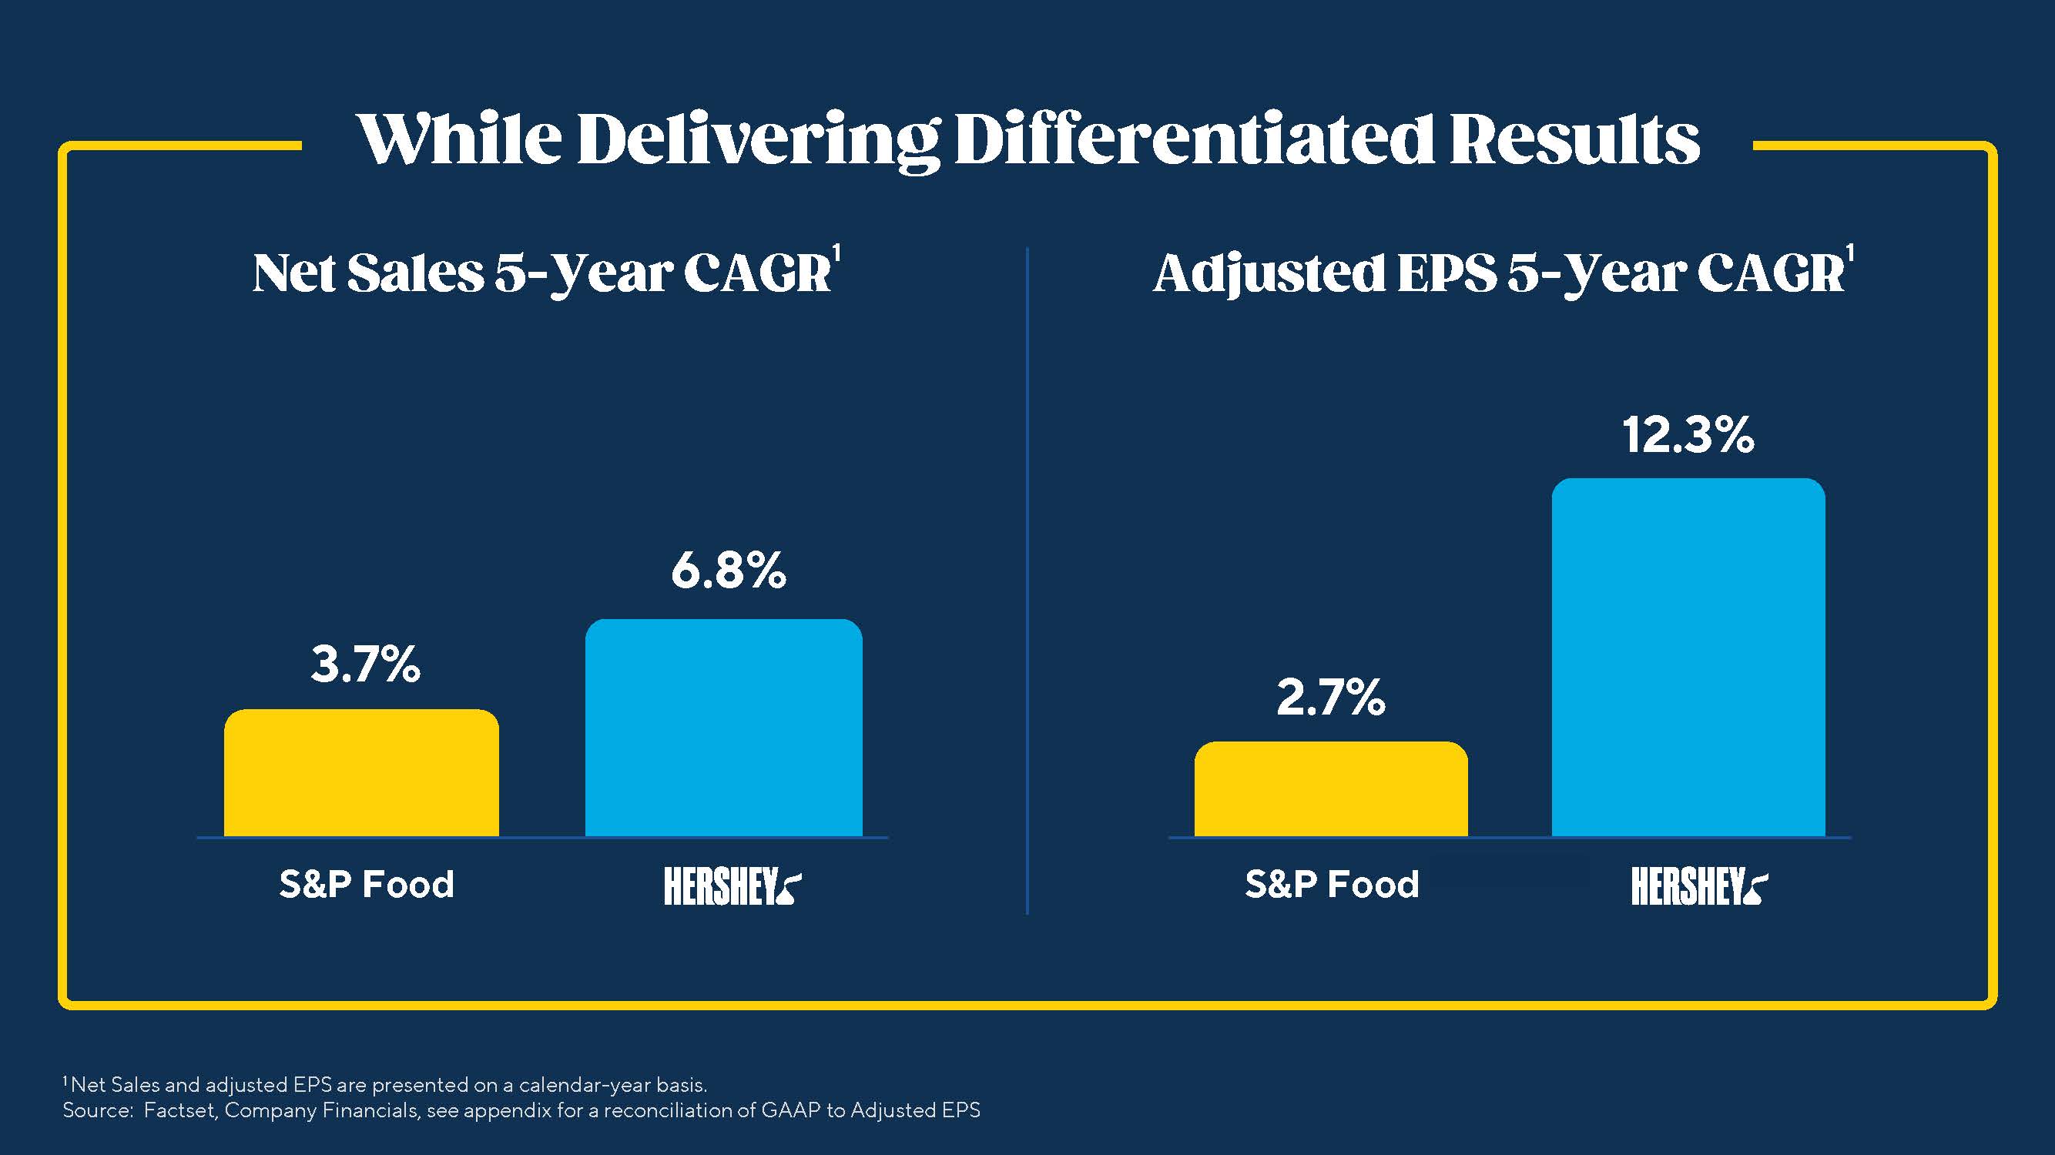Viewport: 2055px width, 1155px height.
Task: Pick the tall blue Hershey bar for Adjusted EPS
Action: (1688, 658)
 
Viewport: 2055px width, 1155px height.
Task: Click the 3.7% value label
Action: (365, 665)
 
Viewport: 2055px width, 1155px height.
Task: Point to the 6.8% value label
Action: (729, 571)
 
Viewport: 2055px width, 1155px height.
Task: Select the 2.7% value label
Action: (1331, 697)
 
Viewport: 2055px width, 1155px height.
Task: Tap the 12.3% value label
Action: (1688, 436)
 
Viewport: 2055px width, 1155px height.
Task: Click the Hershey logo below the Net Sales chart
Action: (732, 886)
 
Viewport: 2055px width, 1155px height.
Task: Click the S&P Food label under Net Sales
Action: (366, 885)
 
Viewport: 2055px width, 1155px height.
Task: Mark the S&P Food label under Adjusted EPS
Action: (1333, 885)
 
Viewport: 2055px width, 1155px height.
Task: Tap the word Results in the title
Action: (1574, 139)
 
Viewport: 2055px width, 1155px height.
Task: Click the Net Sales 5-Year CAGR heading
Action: (542, 273)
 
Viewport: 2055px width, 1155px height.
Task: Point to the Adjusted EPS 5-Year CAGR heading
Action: (1499, 273)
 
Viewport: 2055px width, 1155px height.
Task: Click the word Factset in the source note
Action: (179, 1110)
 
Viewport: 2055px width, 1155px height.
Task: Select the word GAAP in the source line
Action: (790, 1110)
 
